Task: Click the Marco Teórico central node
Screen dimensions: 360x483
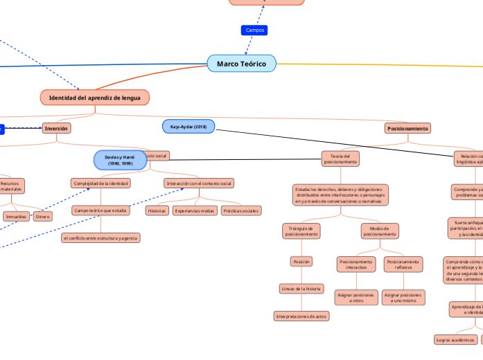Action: pyautogui.click(x=241, y=64)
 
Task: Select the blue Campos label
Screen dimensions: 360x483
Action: pyautogui.click(x=254, y=30)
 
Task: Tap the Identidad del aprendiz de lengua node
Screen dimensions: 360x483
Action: pyautogui.click(x=94, y=98)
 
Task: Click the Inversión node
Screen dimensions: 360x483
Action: pyautogui.click(x=56, y=128)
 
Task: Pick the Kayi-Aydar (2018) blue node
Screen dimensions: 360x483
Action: pyautogui.click(x=188, y=127)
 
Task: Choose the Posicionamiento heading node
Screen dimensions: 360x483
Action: pyautogui.click(x=407, y=128)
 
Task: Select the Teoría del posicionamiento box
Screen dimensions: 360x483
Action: pyautogui.click(x=340, y=159)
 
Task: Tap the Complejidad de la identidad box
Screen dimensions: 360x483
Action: pyautogui.click(x=100, y=183)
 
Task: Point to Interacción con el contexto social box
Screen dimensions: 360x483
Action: pyautogui.click(x=199, y=183)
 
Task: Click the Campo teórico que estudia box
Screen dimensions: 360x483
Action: pyautogui.click(x=100, y=210)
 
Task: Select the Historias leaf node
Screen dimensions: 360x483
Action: pyautogui.click(x=156, y=210)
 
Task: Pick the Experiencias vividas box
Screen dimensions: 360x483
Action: pyautogui.click(x=195, y=210)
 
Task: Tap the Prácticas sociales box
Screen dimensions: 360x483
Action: pyautogui.click(x=240, y=210)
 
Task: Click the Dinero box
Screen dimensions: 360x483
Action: pyautogui.click(x=43, y=216)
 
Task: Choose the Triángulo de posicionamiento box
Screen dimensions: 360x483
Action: pyautogui.click(x=301, y=231)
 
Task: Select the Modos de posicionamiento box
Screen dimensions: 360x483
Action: pyautogui.click(x=380, y=231)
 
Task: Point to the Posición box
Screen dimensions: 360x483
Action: pyautogui.click(x=301, y=262)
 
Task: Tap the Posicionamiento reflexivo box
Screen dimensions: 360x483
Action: pyautogui.click(x=403, y=264)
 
